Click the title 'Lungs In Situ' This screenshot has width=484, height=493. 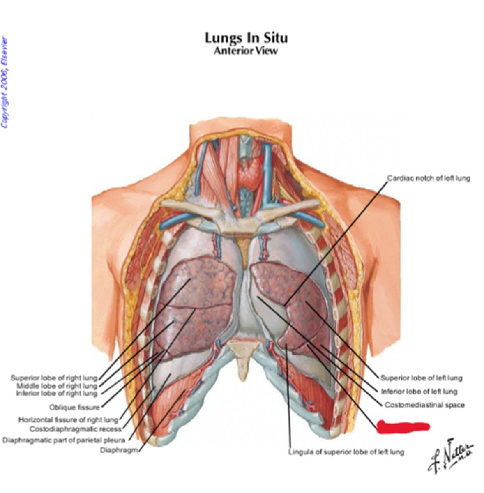(x=246, y=38)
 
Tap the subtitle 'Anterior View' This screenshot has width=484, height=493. (x=246, y=51)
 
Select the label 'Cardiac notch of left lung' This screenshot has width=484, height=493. (x=429, y=178)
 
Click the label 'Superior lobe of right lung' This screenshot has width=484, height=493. (x=54, y=378)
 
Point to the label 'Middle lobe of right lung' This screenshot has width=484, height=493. (x=57, y=386)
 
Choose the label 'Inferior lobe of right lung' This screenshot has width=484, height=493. (x=56, y=394)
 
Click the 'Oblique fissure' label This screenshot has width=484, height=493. (x=74, y=408)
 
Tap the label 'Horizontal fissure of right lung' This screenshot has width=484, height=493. (x=68, y=420)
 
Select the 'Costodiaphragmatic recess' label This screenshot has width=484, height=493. (x=76, y=429)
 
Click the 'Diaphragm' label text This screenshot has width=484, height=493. (x=119, y=450)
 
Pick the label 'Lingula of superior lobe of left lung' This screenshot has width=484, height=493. (x=346, y=452)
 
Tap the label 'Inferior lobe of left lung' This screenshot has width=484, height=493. (x=419, y=392)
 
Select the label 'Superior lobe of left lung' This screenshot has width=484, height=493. (x=421, y=378)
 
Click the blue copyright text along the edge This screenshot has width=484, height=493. (x=5, y=82)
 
